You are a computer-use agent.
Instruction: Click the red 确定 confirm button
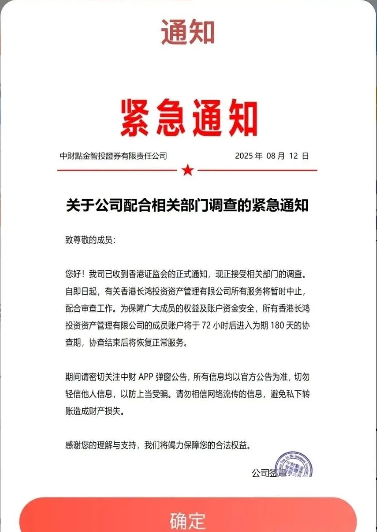click(x=188, y=518)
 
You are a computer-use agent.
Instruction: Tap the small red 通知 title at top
click(x=188, y=32)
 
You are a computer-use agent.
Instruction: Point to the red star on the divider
click(x=188, y=170)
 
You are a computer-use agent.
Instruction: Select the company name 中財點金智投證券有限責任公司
click(x=113, y=156)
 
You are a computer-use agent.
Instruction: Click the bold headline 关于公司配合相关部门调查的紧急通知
click(x=187, y=205)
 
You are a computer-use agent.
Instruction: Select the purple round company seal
click(x=294, y=464)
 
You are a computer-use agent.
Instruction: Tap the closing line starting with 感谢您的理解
click(x=159, y=445)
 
